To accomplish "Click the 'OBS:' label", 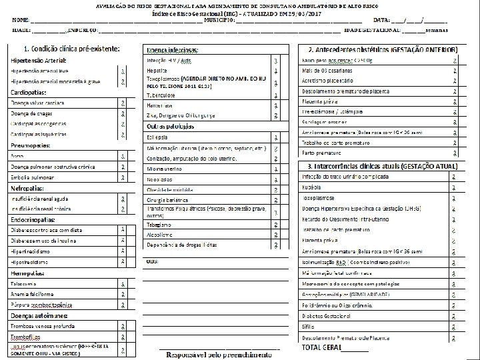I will point(153,261).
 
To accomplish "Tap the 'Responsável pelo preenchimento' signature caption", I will point(217,354).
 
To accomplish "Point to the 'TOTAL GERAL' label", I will point(321,348).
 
